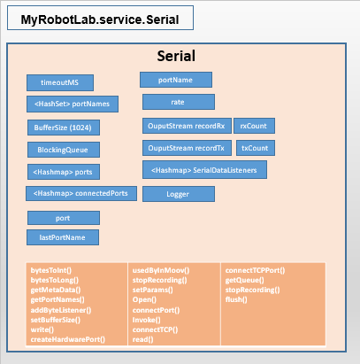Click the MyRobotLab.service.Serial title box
(100, 18)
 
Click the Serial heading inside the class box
(176, 56)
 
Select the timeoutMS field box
(60, 82)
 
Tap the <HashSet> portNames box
(73, 104)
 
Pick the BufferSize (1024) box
(64, 128)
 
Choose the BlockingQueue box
(64, 150)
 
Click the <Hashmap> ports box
(64, 172)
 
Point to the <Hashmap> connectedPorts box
(81, 193)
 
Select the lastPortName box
(63, 237)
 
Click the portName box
(176, 80)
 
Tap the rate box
(179, 102)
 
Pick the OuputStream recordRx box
(187, 126)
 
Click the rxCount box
(255, 126)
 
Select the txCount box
(256, 148)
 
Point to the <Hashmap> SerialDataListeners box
(204, 170)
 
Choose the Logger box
(179, 194)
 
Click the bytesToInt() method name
(51, 270)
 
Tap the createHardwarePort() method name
(68, 339)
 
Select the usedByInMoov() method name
(161, 270)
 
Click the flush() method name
(236, 299)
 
